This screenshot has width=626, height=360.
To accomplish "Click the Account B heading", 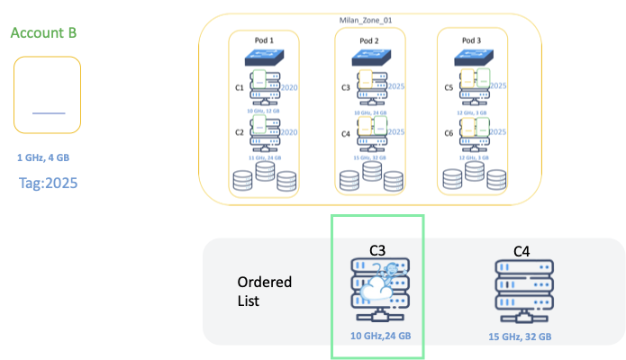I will click(x=43, y=33).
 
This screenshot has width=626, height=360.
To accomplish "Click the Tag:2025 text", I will click(x=48, y=183).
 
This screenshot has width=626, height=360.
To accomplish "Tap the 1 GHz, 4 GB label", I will click(x=43, y=157).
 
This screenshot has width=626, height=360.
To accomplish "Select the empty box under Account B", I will click(x=48, y=94).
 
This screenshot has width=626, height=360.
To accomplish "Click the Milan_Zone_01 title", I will click(x=369, y=21).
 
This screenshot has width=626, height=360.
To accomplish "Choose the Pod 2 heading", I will click(x=370, y=40).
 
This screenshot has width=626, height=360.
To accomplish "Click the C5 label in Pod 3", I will click(x=450, y=88).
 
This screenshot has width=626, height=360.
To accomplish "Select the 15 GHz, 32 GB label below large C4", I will click(x=521, y=336).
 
